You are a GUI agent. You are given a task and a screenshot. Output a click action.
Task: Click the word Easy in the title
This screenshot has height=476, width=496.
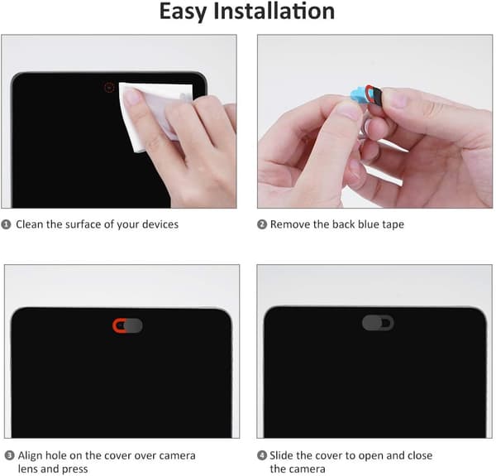point(184,12)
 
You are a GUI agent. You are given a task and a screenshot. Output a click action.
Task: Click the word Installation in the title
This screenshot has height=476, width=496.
point(274,11)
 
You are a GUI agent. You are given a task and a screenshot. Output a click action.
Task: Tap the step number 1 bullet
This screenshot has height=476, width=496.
point(6,224)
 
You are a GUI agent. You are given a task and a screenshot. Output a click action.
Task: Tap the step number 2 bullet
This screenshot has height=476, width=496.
point(262,224)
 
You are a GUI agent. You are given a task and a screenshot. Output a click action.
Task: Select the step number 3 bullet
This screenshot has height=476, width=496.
point(9,456)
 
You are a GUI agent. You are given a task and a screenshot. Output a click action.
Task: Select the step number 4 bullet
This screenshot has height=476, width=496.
point(262,456)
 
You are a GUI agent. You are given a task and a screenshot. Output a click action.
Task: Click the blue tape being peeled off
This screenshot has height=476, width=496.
point(358,94)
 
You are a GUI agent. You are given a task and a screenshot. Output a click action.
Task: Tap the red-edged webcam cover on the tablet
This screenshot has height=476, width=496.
point(128,325)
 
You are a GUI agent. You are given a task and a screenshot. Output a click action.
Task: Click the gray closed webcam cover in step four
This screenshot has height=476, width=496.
point(378,323)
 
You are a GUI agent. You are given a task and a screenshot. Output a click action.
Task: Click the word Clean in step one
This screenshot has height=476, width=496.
point(30,224)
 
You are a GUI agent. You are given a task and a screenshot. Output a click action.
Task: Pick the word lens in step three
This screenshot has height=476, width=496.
point(28,469)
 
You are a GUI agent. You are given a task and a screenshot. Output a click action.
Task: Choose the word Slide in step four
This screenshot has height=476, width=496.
point(282,455)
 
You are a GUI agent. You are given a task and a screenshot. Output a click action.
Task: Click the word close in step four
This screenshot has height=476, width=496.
point(420,455)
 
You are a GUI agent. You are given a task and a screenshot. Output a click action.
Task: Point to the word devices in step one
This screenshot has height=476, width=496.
point(160,224)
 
